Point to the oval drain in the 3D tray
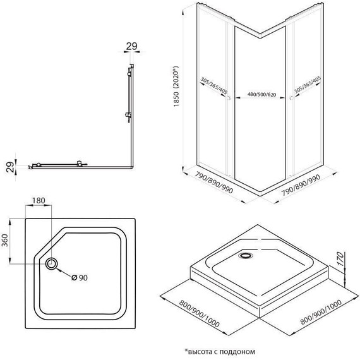coord(245,256)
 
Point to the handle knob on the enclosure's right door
coord(289,99)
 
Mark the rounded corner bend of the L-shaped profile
coord(133,168)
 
